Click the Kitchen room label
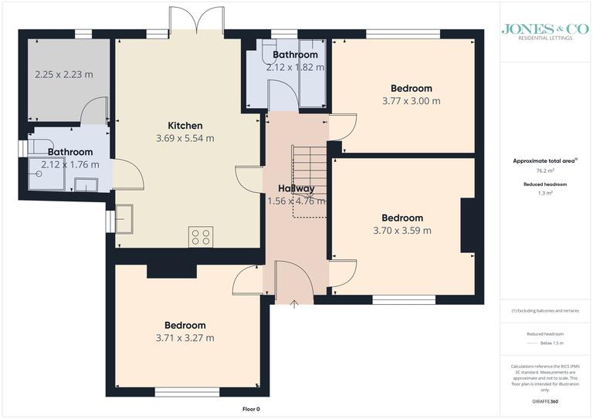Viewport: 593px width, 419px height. tap(185, 126)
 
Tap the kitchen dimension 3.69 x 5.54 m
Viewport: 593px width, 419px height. tap(185, 139)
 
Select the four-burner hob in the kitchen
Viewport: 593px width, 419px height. tap(200, 237)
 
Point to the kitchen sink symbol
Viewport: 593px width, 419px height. tap(124, 217)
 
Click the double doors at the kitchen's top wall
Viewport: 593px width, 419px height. tap(198, 19)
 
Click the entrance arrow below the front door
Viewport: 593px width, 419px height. tap(294, 304)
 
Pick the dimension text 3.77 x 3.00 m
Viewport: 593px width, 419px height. tap(411, 101)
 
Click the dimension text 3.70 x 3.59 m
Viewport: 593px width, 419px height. tap(402, 231)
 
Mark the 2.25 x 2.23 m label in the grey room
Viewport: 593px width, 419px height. tap(64, 75)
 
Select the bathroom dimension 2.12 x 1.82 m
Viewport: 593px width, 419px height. tap(294, 67)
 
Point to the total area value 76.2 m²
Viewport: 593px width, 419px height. tap(539, 170)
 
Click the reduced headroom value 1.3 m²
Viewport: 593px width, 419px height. tap(539, 193)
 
